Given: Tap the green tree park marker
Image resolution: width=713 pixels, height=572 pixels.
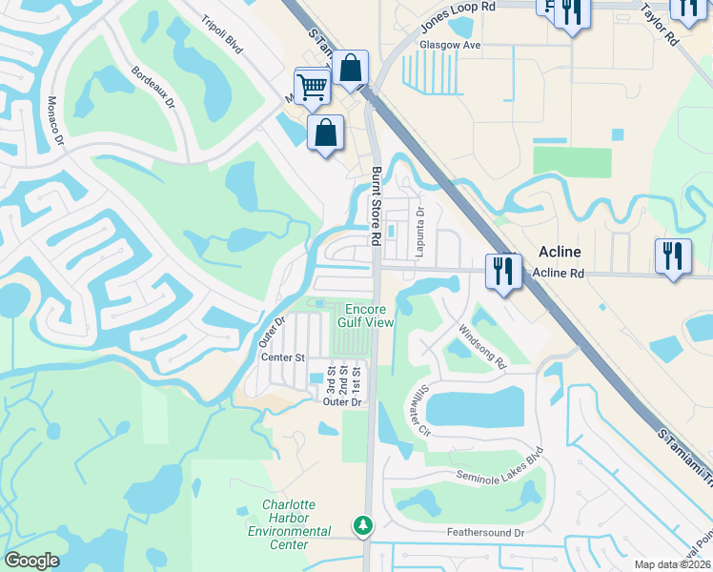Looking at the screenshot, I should (x=362, y=524).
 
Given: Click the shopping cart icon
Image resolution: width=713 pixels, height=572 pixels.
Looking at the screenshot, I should (x=313, y=87).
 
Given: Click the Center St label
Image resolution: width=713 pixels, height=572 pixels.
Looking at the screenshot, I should (x=282, y=357).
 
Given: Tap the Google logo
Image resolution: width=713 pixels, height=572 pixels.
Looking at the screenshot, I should (x=31, y=561).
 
